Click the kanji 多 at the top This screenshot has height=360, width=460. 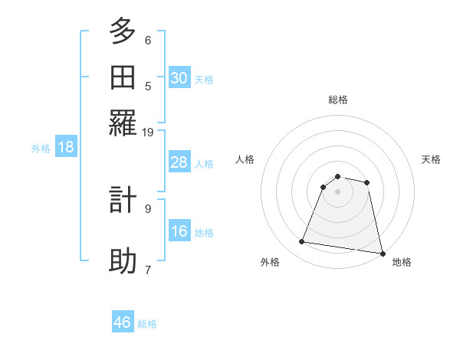click(x=123, y=32)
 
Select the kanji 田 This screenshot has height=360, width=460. click(x=123, y=77)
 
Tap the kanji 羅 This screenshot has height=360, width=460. click(x=123, y=122)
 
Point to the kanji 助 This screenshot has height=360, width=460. click(x=123, y=260)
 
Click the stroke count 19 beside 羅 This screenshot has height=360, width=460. click(x=148, y=132)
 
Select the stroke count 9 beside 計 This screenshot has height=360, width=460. click(x=148, y=208)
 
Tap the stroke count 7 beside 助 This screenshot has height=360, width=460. click(x=148, y=270)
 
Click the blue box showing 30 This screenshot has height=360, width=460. click(x=179, y=77)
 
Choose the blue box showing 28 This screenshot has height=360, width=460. click(x=179, y=162)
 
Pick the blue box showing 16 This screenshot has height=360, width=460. click(x=179, y=231)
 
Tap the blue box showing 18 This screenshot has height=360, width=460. click(x=66, y=148)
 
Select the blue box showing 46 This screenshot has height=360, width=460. click(x=123, y=322)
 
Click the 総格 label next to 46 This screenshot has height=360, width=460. click(x=147, y=324)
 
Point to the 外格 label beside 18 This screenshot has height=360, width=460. click(x=41, y=149)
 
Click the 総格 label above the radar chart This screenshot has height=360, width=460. click(x=338, y=100)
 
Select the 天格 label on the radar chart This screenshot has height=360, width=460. click(x=431, y=159)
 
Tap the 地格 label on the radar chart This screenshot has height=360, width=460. click(x=402, y=262)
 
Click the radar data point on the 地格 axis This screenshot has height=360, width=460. click(x=381, y=253)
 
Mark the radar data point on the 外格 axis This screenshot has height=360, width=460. click(x=302, y=242)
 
